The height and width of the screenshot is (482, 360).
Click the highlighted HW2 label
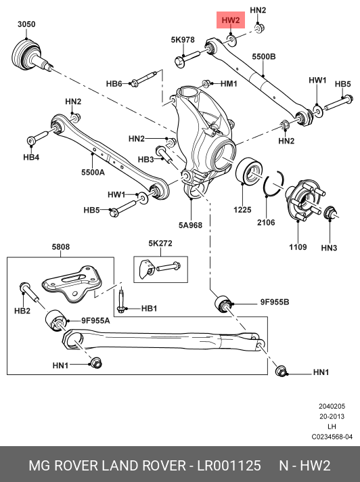230,20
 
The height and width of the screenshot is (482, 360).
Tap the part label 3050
26,24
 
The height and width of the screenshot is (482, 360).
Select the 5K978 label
183,40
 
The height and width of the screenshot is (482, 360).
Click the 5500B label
264,57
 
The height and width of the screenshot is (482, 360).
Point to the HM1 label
229,83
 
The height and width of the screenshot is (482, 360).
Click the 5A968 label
190,225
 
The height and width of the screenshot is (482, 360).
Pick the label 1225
242,210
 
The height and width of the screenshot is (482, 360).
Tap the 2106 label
266,223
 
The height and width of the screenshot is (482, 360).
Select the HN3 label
329,248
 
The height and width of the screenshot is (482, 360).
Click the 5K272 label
160,244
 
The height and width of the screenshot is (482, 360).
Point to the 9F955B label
275,302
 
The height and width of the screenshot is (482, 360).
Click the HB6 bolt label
114,84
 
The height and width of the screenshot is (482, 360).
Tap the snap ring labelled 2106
273,183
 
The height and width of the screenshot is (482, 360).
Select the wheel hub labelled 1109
304,200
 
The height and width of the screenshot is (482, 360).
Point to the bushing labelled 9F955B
223,304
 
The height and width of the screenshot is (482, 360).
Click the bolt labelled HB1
121,300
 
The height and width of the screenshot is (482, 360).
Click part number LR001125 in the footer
229,466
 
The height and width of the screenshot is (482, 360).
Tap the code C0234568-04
332,437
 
